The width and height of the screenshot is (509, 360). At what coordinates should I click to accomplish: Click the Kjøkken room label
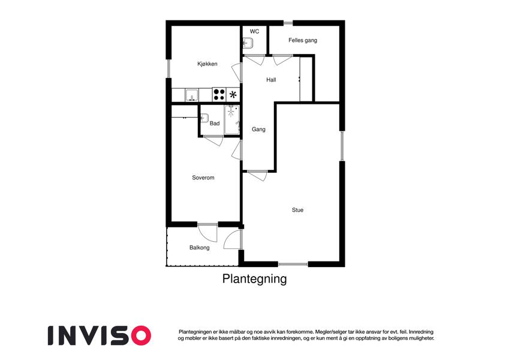[x=207, y=64]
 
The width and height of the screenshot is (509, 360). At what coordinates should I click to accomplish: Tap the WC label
[x=254, y=32]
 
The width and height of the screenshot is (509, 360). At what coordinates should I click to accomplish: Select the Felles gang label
[x=303, y=40]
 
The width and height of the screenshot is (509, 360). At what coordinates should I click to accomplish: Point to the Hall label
[x=271, y=80]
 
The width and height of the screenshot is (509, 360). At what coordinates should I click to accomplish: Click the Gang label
[x=258, y=130]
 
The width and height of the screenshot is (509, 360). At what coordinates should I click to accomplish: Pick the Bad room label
[x=215, y=124]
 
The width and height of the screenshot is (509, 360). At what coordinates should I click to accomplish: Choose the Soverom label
[x=203, y=178]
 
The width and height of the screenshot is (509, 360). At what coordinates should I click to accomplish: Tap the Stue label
[x=297, y=210]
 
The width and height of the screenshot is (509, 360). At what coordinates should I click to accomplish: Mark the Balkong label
[x=199, y=248]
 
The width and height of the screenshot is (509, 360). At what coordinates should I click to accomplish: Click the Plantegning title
[x=254, y=279]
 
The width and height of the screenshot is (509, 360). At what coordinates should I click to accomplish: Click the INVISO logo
[x=100, y=335]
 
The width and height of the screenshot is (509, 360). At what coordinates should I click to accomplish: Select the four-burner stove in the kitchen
[x=219, y=95]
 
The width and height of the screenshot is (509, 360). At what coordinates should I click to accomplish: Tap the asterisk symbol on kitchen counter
[x=233, y=95]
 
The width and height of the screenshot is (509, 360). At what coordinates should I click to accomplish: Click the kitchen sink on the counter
[x=191, y=95]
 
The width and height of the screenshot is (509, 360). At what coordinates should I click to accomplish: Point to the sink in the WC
[x=248, y=43]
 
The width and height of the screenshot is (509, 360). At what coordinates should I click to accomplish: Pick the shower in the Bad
[x=232, y=119]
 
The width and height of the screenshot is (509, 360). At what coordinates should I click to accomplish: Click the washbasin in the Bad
[x=204, y=118]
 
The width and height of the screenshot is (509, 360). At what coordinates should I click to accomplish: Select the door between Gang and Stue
[x=257, y=175]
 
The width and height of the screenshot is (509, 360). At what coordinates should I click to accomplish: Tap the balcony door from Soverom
[x=207, y=233]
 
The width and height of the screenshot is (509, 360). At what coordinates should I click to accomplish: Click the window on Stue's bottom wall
[x=293, y=264]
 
